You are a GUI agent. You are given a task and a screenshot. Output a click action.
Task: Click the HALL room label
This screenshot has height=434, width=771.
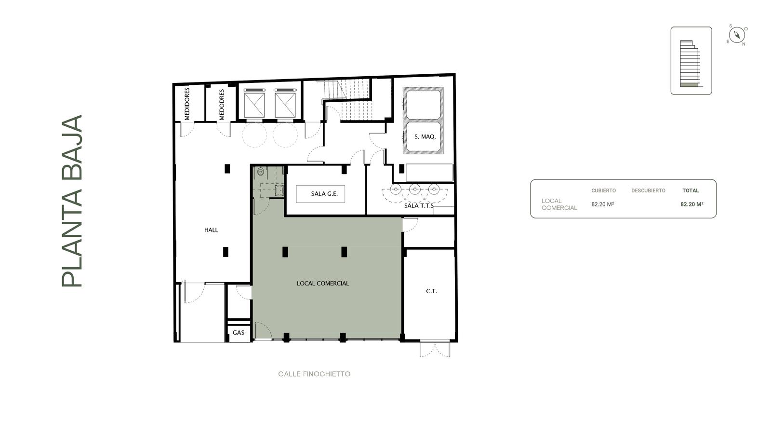click(211, 230)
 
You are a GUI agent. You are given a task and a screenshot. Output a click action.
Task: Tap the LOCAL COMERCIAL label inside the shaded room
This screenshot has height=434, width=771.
click(323, 284)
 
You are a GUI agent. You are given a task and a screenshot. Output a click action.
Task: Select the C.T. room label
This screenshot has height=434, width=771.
click(431, 291)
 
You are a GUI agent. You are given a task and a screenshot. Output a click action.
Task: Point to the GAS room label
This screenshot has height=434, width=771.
click(239, 333)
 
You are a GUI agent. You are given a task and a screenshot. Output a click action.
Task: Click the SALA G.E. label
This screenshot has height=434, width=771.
click(324, 193)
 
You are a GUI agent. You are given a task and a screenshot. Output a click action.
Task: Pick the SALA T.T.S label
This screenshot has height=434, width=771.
click(419, 205)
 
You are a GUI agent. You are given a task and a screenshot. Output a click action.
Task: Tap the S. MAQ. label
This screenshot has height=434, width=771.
click(425, 137)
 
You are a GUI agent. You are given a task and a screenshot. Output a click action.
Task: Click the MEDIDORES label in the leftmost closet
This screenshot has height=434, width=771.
click(187, 104)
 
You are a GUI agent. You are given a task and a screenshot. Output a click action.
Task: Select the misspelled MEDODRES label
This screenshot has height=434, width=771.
click(221, 105)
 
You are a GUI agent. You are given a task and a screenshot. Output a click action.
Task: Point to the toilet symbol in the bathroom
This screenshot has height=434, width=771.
click(261, 171)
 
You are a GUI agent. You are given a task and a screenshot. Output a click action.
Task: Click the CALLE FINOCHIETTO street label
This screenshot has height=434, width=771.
click(314, 374)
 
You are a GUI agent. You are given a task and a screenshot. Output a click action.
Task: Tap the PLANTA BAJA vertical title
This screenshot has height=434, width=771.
click(72, 201)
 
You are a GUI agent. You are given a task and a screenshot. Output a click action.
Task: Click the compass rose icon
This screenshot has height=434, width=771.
click(737, 35)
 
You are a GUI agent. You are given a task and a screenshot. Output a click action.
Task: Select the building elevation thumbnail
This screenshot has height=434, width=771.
click(691, 61)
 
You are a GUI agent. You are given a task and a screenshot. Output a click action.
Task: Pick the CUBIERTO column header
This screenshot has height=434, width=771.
click(603, 190)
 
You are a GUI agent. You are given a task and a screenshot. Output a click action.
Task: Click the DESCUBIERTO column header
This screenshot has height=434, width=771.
click(648, 190)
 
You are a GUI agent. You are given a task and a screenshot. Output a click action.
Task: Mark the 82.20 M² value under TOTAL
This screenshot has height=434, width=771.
click(692, 204)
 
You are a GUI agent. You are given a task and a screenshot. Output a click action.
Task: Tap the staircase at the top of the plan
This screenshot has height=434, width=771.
click(347, 99)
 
